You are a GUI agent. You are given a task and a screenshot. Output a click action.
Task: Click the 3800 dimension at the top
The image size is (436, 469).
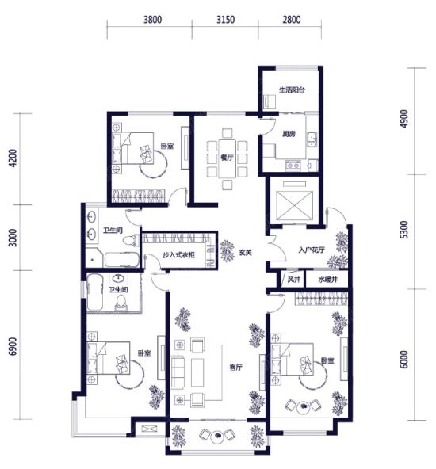point(153,20)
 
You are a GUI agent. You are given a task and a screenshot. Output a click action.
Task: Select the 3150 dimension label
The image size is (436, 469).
point(225,20)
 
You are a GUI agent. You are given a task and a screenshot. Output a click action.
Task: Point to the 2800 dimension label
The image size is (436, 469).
point(292,20)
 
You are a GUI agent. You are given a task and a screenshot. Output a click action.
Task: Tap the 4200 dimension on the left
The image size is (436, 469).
point(13,158)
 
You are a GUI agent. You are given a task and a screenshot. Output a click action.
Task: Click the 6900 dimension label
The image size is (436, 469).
point(13,347)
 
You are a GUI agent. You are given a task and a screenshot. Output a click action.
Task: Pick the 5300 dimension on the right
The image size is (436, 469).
point(403,230)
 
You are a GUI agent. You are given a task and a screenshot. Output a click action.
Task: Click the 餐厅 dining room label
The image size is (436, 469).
point(227,158)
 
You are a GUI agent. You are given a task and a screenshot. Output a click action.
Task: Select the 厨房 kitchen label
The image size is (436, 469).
point(289,134)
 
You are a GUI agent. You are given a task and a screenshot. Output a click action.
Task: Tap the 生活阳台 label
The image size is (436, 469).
point(292,90)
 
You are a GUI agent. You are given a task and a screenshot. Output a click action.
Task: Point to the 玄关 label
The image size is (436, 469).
point(245,253)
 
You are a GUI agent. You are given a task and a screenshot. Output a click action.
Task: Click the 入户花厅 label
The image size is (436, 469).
point(312,250)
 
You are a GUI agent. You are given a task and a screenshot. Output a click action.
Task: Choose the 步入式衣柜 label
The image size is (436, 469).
point(178,255)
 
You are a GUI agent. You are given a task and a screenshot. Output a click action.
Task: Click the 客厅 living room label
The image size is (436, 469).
point(235,368)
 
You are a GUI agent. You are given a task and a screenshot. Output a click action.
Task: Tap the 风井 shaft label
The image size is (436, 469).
point(293,280)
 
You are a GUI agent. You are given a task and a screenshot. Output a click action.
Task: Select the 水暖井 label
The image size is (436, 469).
point(328,280)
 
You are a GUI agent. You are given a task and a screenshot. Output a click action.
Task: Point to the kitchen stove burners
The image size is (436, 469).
point(293,165)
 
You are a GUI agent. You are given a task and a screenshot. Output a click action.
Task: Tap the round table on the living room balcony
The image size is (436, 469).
point(217,437)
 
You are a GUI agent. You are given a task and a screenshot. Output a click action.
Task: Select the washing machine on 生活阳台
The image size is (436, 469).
point(270,102)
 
